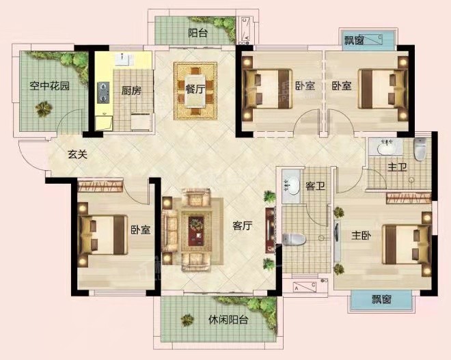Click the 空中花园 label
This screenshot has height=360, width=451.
[49, 86]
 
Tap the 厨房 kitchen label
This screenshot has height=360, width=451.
[131, 91]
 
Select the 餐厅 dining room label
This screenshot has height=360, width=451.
[195, 89]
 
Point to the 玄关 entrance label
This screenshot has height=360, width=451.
[77, 154]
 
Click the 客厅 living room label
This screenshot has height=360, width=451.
[242, 225]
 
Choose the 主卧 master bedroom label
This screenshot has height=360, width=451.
[361, 236]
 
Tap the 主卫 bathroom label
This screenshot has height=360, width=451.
[397, 167]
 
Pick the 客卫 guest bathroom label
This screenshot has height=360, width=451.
[315, 186]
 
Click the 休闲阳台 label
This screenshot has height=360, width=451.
[228, 320]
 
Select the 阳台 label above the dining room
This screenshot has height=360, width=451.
[197, 33]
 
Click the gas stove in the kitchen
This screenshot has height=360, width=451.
[103, 93]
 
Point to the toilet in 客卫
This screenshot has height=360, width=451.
[294, 240]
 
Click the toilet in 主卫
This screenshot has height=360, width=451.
[420, 149]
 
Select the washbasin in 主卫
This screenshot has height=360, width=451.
[386, 148]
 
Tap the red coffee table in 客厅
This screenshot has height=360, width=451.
[196, 231]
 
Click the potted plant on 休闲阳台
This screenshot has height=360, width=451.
[187, 320]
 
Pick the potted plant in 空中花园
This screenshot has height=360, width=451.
[43, 109]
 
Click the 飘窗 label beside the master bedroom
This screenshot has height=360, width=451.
[381, 299]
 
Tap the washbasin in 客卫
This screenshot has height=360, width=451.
[291, 184]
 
